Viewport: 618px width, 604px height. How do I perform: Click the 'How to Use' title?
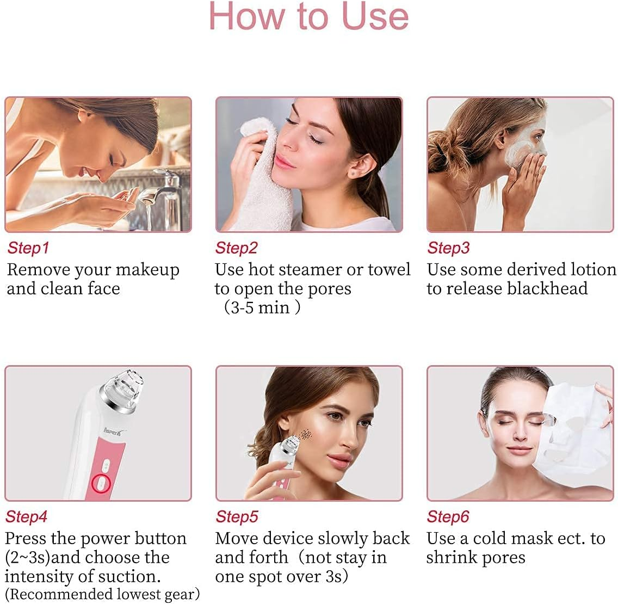(x=308, y=17)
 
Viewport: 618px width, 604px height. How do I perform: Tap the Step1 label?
(x=28, y=248)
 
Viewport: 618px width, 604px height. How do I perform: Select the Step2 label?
(x=236, y=248)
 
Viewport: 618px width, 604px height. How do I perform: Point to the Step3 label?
(x=448, y=248)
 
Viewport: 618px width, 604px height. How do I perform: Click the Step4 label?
(x=26, y=516)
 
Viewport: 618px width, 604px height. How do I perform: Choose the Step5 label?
(x=237, y=516)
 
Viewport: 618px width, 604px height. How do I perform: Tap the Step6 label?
(x=448, y=516)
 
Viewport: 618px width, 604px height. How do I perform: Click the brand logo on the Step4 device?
(x=115, y=432)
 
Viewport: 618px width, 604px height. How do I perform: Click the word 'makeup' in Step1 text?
(x=147, y=270)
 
